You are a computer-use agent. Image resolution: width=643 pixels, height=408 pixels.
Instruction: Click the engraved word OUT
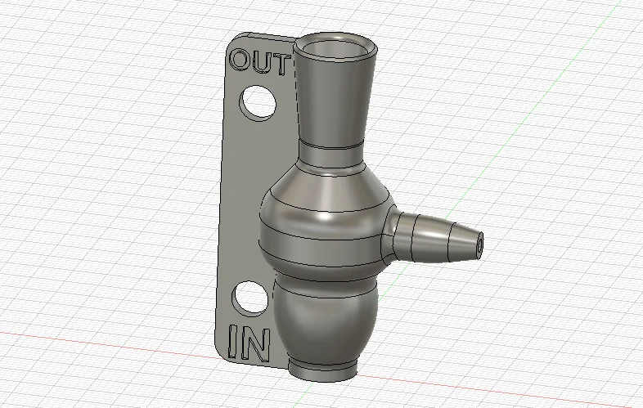(260, 62)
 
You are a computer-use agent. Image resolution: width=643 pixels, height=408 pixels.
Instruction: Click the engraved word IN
(249, 343)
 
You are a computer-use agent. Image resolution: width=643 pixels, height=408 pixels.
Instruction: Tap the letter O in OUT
(239, 60)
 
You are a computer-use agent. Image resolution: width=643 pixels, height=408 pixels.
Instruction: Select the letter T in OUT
(281, 65)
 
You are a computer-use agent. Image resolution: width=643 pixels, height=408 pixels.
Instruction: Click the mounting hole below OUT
(258, 103)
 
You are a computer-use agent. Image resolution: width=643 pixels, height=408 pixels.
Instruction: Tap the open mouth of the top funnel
(335, 48)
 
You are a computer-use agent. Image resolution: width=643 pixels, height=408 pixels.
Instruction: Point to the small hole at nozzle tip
(480, 245)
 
